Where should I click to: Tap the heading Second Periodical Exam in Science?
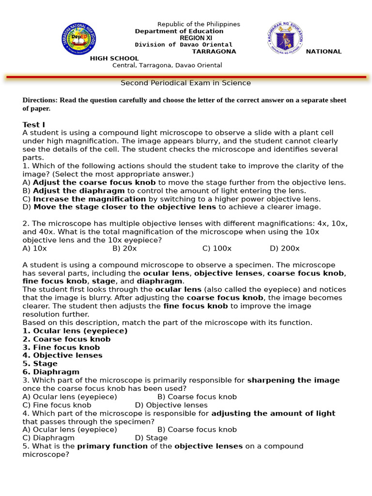click(186, 83)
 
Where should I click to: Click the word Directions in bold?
click(40, 100)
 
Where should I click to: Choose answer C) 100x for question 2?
click(217, 248)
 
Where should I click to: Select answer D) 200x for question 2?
click(284, 248)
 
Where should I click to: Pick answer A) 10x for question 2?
click(34, 248)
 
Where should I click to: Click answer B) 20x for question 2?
click(124, 248)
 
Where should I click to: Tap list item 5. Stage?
click(40, 364)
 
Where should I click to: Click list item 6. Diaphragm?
click(51, 372)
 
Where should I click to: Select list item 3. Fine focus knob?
click(61, 347)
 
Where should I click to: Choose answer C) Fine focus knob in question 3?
click(57, 405)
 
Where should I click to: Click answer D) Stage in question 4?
click(151, 438)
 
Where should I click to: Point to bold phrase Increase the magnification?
click(89, 199)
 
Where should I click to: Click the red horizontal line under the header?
click(186, 77)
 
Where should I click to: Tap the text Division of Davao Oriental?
click(184, 45)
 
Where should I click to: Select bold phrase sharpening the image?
click(294, 380)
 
